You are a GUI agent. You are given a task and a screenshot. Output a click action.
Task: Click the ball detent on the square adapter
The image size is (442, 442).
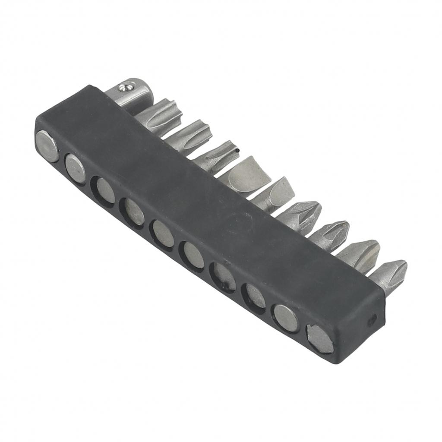pos(125,88)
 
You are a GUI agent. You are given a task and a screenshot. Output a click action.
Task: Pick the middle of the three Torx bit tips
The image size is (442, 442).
pos(190,134)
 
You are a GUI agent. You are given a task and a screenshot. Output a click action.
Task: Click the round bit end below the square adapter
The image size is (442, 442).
pos(47,146)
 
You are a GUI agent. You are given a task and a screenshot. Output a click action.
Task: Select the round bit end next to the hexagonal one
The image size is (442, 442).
pos(286,318)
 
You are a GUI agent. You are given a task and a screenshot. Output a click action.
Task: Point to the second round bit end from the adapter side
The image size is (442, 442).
pos(75,167)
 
